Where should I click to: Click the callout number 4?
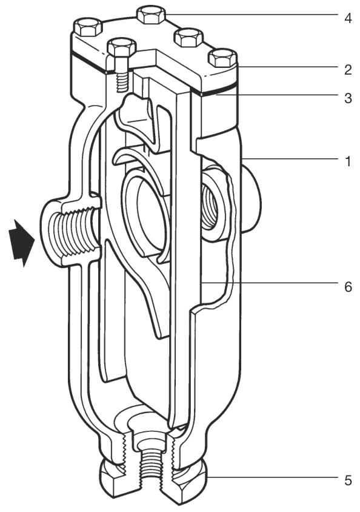point(348,18)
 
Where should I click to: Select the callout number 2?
point(348,70)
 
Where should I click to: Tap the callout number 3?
point(348,98)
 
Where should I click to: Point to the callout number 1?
point(348,161)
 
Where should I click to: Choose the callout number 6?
point(348,287)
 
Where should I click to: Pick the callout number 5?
point(348,480)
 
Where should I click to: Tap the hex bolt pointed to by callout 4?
point(152,15)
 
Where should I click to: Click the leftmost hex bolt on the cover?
point(87,27)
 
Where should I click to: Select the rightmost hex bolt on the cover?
point(222,58)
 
